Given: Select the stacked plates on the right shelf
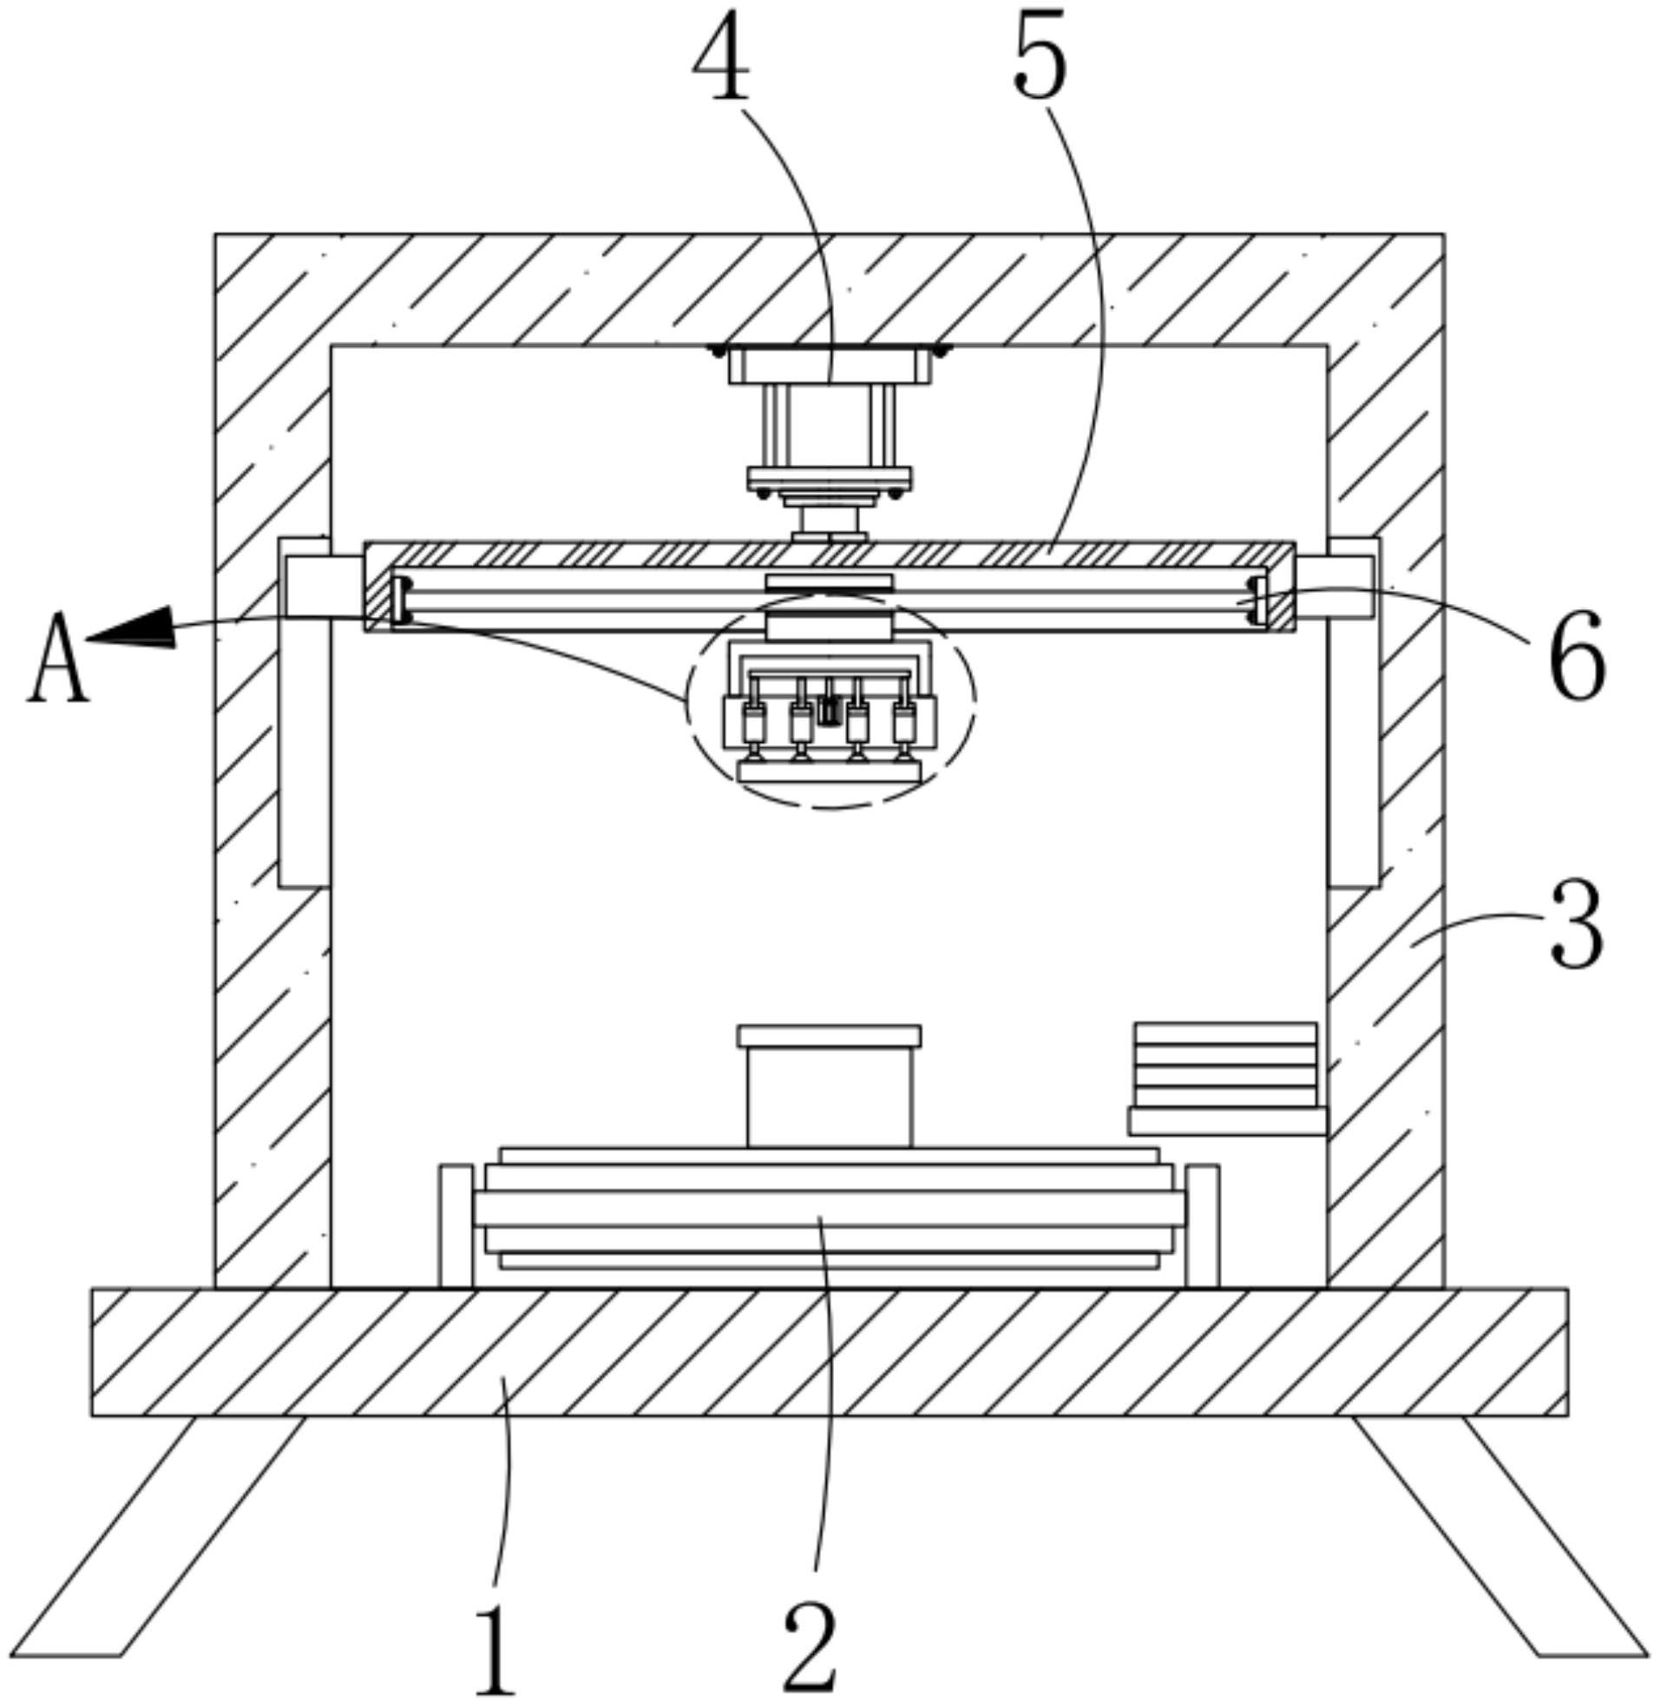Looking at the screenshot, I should coord(1226,1066).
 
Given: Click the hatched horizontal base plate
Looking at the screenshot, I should coord(828,1352).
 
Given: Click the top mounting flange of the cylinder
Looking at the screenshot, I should coord(829,365).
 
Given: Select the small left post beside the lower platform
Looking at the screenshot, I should coord(456,1224).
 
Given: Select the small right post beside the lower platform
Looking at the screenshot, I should coord(1203,1224).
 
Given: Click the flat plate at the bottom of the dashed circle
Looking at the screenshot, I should coord(829,771).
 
